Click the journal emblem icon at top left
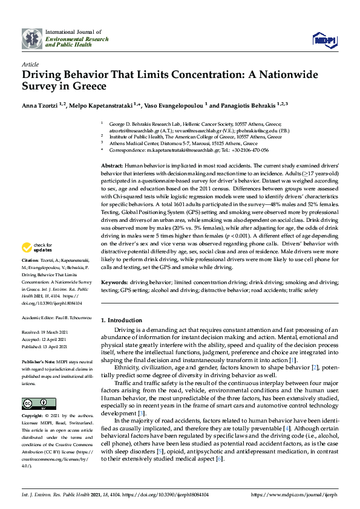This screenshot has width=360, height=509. (31, 38)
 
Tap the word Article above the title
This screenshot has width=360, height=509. (30, 63)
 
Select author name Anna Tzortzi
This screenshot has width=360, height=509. (44, 105)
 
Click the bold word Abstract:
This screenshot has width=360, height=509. (112, 165)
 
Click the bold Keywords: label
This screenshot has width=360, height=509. (114, 282)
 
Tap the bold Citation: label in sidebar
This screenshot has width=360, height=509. (31, 275)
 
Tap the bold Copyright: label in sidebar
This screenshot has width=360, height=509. (33, 417)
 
